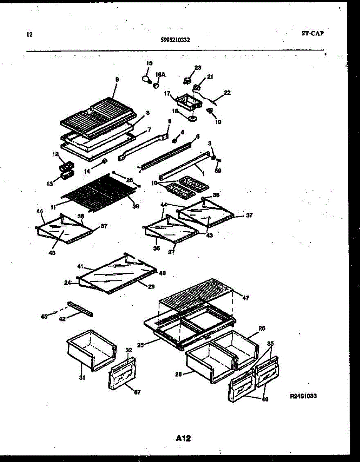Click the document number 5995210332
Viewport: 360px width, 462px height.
tap(176, 39)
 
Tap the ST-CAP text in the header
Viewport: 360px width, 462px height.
tap(312, 33)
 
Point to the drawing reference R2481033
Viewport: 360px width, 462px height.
tap(304, 395)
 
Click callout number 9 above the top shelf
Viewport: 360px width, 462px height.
tap(117, 79)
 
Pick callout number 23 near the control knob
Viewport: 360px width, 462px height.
tap(198, 68)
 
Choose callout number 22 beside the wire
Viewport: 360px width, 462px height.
tap(227, 92)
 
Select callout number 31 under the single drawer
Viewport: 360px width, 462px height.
tap(82, 378)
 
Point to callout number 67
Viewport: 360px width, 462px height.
tap(137, 392)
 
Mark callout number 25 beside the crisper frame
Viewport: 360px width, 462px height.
tap(141, 345)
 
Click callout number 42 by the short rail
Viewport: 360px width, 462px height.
tap(62, 319)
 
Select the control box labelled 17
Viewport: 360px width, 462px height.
tap(187, 101)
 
